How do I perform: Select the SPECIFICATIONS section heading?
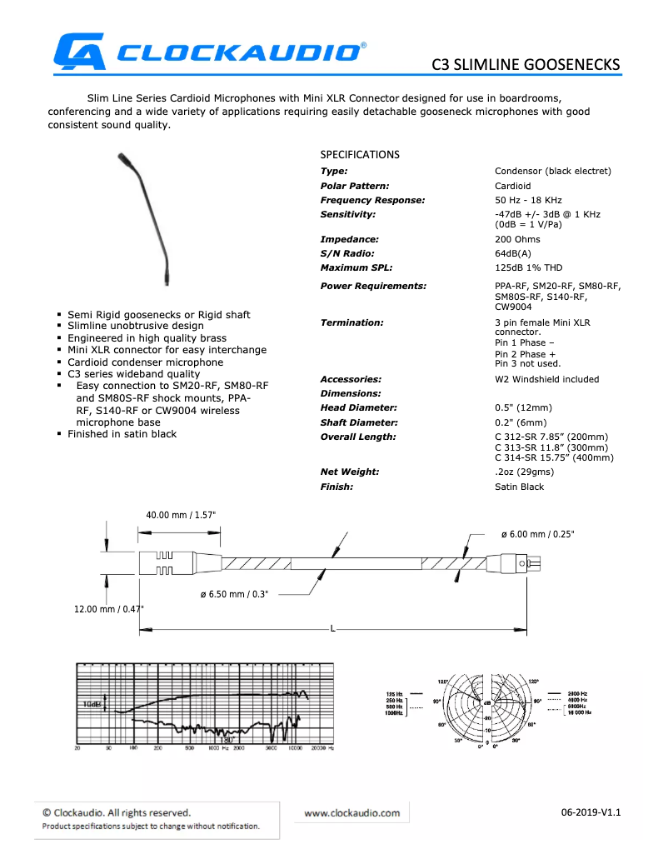pos(360,155)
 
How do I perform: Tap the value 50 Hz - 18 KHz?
pos(528,200)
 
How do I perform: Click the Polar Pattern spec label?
pos(355,186)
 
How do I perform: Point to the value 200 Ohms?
pos(517,239)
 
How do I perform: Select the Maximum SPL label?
pos(356,267)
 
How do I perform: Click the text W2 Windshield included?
pos(546,379)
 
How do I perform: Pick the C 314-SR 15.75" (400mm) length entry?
pos(554,457)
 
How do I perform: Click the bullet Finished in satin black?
pos(122,434)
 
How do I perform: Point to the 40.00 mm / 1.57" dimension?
pos(181,515)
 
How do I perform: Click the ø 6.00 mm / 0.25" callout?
pos(537,533)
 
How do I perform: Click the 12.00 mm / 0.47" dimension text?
pos(108,609)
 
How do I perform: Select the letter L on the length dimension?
pos(332,628)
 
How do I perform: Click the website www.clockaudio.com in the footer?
pos(351,812)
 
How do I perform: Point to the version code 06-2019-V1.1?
pos(591,812)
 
